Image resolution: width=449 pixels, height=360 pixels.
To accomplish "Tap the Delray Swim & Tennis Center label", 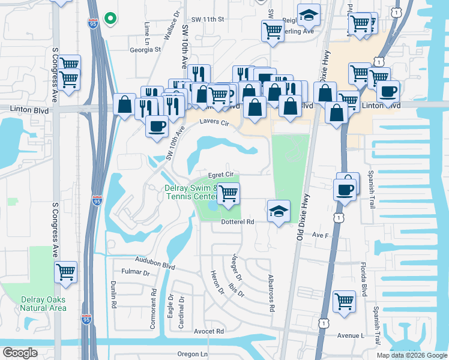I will click(190, 192).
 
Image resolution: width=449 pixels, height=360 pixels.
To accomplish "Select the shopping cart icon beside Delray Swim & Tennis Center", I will click(228, 194).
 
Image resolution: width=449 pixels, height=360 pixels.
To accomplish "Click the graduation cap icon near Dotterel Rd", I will click(278, 211).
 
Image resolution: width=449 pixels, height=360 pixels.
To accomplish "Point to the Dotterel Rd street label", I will click(238, 221).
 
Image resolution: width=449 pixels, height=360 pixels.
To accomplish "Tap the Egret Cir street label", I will click(220, 174).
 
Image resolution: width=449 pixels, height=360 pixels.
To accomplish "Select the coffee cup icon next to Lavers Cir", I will click(157, 127).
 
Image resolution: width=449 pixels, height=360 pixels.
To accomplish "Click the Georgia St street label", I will click(145, 50).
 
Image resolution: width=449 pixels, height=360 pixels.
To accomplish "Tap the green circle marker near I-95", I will click(110, 19).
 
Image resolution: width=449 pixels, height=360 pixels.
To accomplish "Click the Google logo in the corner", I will click(20, 353).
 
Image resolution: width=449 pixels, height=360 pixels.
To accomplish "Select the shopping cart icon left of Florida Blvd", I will click(344, 301).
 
